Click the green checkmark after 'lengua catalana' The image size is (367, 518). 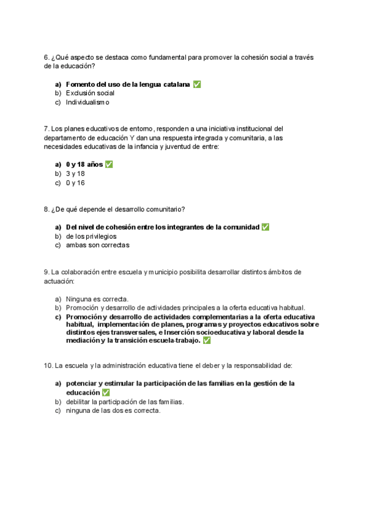196,84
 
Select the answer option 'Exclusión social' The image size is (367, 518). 90,93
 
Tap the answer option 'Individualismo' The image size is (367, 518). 87,103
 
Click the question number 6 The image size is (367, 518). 46,57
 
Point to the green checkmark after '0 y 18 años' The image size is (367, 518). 109,164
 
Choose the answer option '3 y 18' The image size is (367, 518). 75,173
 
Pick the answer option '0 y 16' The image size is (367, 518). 75,183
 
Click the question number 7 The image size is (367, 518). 46,129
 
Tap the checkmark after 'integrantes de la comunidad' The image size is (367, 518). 265,227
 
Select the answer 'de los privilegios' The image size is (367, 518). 91,236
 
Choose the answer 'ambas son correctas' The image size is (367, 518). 97,246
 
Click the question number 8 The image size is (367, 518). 46,210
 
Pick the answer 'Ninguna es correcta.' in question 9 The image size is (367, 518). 97,299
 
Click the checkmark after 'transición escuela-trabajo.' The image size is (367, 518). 207,340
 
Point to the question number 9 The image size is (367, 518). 46,272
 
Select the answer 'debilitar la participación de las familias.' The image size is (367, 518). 125,402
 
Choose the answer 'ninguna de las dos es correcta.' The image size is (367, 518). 113,411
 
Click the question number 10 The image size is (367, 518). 48,366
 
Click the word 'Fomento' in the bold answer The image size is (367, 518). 80,84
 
